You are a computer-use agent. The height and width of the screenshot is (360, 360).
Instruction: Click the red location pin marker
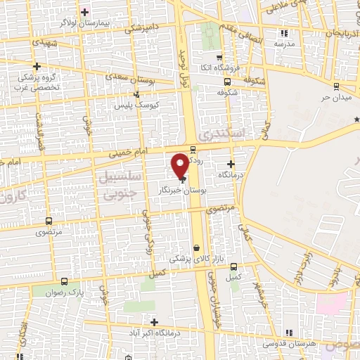(x=180, y=165)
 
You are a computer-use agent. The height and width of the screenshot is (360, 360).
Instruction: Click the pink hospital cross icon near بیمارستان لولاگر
(x=85, y=13)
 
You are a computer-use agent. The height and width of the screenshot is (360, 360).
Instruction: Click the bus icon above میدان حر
(x=336, y=86)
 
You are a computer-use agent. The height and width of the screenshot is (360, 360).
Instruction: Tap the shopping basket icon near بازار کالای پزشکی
(x=197, y=247)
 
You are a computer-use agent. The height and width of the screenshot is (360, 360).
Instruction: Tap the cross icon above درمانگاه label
(x=230, y=164)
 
